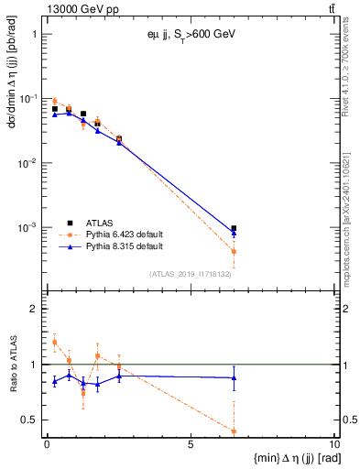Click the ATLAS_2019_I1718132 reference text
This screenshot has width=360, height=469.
pos(196,273)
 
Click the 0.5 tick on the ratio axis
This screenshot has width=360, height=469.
pos(33,420)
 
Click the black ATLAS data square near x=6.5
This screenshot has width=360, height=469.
pos(235,228)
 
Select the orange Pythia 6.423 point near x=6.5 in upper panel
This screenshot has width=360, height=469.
pos(235,251)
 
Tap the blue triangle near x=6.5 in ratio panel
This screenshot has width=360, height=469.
pos(235,377)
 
